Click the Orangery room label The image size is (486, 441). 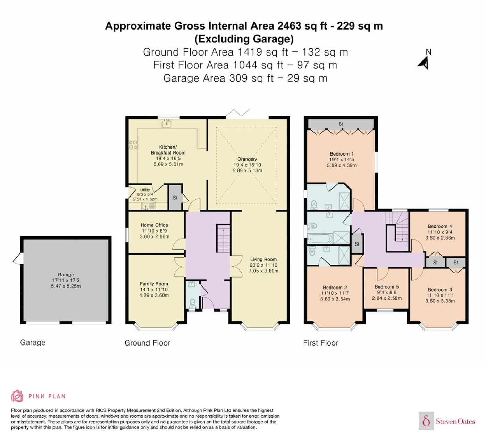[x=247, y=159]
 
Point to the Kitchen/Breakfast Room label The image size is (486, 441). [x=168, y=150]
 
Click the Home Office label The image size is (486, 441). [x=154, y=225]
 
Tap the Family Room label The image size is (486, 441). [x=153, y=284]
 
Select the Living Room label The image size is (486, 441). [x=263, y=259]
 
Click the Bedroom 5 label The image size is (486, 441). [x=387, y=286]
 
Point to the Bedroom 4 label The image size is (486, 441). [x=440, y=226]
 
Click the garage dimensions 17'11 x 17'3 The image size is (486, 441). [x=66, y=280]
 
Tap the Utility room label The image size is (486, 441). [x=145, y=190]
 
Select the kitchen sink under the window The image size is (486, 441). [x=167, y=123]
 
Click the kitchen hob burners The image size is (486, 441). [x=133, y=144]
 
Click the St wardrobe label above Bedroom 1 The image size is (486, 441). [x=341, y=124]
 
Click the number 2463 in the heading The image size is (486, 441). [x=289, y=26]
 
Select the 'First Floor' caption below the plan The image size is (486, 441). [x=320, y=343]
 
